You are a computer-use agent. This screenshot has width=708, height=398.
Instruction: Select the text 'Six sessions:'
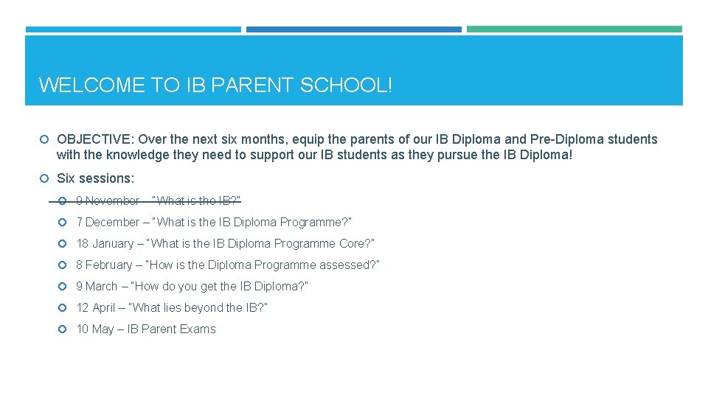(x=96, y=178)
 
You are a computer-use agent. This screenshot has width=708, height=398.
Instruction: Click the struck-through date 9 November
(x=108, y=200)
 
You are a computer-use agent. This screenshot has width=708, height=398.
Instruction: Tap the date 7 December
(x=108, y=222)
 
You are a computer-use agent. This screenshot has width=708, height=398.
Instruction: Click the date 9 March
(x=97, y=286)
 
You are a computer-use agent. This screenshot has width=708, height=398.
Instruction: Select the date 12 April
(x=96, y=307)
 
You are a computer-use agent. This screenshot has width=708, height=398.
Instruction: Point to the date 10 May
(x=95, y=329)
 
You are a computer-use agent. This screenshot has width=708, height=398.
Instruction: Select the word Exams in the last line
(x=198, y=329)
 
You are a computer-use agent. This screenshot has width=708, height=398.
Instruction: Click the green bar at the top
(x=575, y=29)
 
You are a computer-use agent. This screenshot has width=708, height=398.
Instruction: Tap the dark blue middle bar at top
(x=354, y=29)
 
